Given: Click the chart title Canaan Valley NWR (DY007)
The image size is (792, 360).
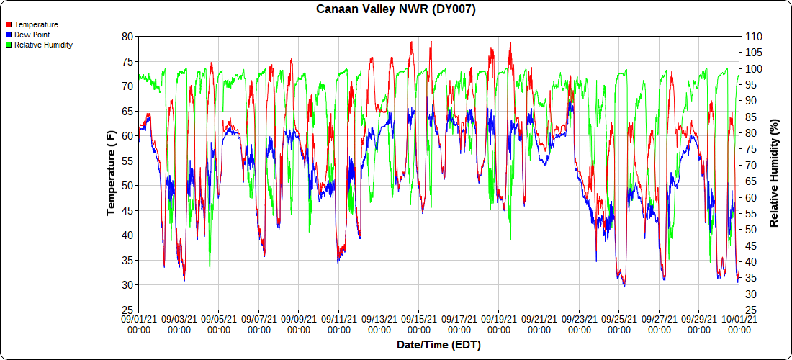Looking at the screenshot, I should (x=396, y=9).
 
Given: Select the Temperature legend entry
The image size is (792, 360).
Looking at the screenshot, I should (x=36, y=24).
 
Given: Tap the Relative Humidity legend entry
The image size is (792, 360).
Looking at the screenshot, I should (x=43, y=45).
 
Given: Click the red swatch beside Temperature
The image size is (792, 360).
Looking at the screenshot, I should (x=9, y=24).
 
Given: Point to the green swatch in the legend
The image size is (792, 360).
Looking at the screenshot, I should (x=9, y=45).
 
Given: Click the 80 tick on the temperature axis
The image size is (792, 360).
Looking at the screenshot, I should (x=127, y=36).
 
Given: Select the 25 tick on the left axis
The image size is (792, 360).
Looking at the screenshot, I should (x=127, y=310).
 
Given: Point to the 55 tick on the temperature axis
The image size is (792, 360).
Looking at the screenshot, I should (x=127, y=161).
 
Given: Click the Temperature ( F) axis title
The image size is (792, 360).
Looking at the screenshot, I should (x=111, y=173).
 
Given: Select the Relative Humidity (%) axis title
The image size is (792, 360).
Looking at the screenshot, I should (x=775, y=173).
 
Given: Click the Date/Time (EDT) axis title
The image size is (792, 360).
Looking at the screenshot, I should (x=438, y=345).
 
